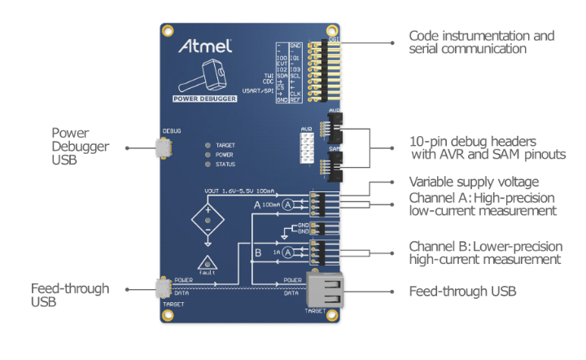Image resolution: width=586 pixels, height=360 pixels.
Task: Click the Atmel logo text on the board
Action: click(x=205, y=46)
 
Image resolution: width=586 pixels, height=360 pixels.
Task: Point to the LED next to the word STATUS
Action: click(x=208, y=164)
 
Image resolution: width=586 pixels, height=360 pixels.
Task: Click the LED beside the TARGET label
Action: click(x=208, y=145)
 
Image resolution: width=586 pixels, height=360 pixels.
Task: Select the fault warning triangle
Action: click(x=208, y=263)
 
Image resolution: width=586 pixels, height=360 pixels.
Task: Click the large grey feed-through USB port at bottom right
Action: click(x=326, y=288)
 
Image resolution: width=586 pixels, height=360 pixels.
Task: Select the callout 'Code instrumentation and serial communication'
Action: click(x=481, y=42)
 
